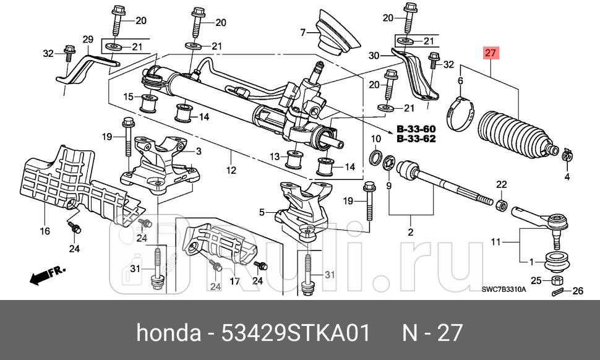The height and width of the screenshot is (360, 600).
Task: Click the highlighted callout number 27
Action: pyautogui.click(x=490, y=54)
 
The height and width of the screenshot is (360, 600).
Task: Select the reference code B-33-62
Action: pyautogui.click(x=415, y=139)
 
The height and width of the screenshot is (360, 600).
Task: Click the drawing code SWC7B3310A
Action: pyautogui.click(x=504, y=290)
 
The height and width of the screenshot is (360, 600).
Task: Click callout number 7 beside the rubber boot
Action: pyautogui.click(x=303, y=32)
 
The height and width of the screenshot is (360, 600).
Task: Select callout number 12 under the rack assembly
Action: pyautogui.click(x=231, y=169)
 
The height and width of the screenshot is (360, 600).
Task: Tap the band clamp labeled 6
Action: pyautogui.click(x=460, y=114)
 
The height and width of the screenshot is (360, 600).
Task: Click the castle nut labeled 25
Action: pyautogui.click(x=555, y=280)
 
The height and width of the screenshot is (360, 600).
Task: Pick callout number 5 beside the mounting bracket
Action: pyautogui.click(x=262, y=212)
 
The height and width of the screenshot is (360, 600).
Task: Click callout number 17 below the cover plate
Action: pyautogui.click(x=235, y=281)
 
